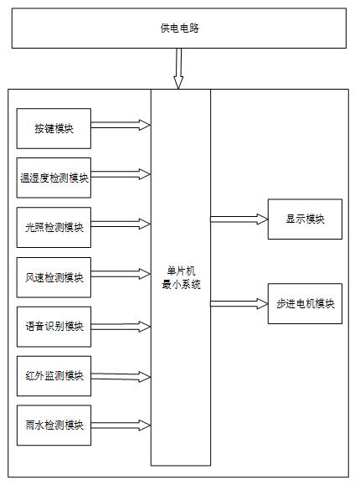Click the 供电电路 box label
[179, 28]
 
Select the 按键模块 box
[54, 128]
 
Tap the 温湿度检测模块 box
[54, 178]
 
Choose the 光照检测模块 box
[54, 227]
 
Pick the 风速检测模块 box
[54, 277]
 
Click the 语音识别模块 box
[54, 327]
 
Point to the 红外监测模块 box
[54, 376]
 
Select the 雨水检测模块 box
[54, 426]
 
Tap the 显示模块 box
[305, 219]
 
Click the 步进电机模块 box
[305, 303]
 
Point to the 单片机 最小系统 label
[181, 277]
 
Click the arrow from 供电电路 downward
[178, 69]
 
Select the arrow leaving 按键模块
[121, 125]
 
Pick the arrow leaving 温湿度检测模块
[121, 174]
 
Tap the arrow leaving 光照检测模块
[121, 224]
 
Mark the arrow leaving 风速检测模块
[121, 274]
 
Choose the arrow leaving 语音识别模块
[121, 327]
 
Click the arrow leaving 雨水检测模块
[121, 426]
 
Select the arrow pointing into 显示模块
[239, 219]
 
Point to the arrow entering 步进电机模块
[239, 303]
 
